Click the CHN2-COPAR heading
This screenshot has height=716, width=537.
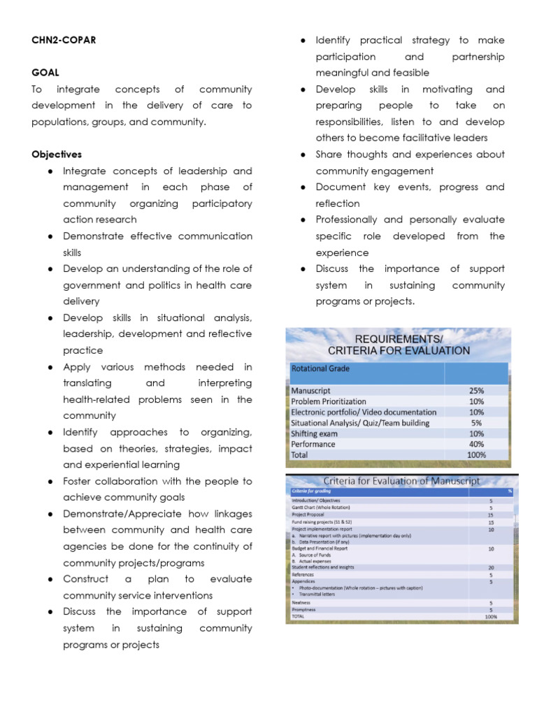point(64,41)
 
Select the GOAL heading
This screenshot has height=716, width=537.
point(45,73)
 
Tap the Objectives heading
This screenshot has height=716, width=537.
point(57,155)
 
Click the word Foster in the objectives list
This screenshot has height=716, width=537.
point(79,482)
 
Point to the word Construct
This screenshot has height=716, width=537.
point(86,580)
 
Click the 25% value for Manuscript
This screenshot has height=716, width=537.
point(475,391)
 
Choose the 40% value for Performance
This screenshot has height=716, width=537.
point(475,444)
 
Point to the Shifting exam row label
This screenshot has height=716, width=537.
point(314,434)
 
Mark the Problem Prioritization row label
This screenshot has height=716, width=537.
point(328,401)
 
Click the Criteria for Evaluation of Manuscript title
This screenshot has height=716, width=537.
point(401,481)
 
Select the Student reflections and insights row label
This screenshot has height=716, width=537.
point(323,568)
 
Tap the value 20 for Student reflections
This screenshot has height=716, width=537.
point(491,568)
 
